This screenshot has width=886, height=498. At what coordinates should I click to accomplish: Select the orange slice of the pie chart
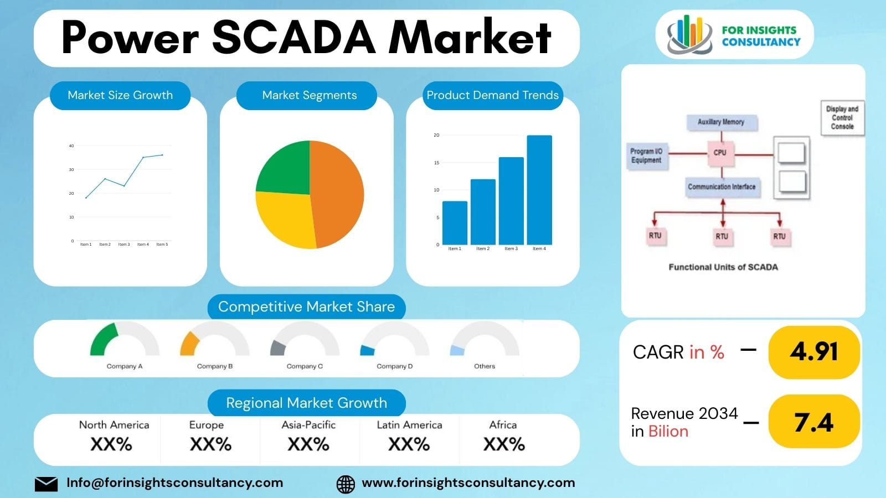338,194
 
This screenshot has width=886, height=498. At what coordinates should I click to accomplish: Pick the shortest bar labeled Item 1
455,222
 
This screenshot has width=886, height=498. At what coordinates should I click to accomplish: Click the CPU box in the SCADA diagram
720,153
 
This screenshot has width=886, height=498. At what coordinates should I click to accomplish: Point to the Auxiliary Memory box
721,122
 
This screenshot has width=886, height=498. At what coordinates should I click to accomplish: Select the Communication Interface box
722,187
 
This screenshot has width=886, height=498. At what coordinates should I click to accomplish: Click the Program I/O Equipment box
646,156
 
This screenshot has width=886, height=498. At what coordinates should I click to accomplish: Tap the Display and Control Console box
842,118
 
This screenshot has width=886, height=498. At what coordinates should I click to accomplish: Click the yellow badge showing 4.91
813,352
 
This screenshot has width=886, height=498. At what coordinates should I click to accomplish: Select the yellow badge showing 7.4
813,422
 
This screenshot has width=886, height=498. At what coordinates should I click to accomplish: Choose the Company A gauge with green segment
125,340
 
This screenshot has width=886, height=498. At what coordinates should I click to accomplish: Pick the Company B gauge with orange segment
214,340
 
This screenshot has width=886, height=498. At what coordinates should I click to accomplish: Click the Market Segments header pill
309,95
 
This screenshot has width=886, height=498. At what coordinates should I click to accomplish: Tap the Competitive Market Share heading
306,307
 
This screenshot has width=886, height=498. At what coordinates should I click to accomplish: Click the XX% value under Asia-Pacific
308,444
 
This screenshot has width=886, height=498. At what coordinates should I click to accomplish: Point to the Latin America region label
409,425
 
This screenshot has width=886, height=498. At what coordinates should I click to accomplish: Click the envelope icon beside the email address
46,484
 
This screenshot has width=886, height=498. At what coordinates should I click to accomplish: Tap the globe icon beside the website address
346,484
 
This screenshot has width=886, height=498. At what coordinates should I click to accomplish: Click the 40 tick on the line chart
71,146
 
